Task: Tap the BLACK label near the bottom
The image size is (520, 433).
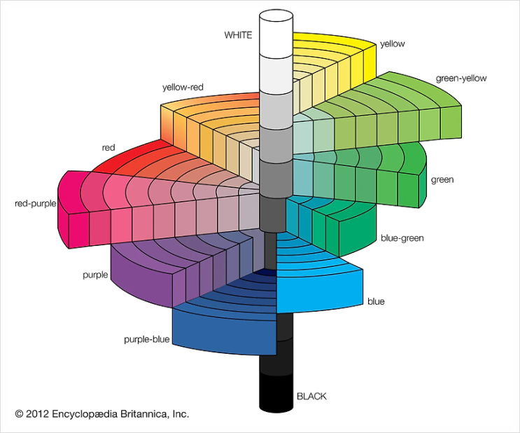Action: point(311,397)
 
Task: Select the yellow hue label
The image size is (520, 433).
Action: point(392,43)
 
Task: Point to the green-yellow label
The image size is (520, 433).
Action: point(461,78)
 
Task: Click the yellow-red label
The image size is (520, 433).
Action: point(183,88)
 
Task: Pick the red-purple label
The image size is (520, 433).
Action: point(35,204)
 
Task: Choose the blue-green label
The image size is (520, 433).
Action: point(402,238)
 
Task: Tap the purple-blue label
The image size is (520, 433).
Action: point(146,340)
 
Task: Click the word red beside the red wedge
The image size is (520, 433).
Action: point(108,148)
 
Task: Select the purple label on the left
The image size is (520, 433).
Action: point(95,275)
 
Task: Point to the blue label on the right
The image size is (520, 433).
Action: point(376,301)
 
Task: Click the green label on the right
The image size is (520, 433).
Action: point(442,180)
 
